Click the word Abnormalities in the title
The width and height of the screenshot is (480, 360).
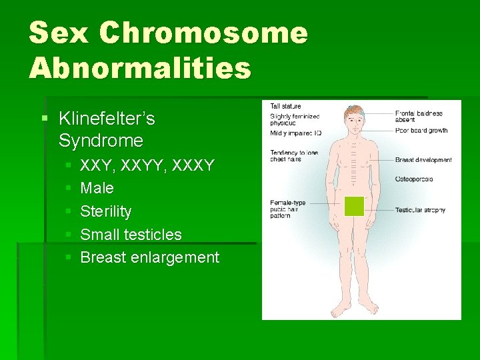(x=140, y=67)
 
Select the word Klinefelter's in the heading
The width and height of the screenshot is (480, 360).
(x=107, y=119)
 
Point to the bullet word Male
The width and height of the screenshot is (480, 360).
(x=97, y=189)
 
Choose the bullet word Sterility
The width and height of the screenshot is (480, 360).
(x=105, y=211)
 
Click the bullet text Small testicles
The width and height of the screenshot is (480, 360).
(x=131, y=235)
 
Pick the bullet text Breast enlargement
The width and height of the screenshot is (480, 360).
(x=149, y=257)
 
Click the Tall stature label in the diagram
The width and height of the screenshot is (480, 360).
(x=285, y=106)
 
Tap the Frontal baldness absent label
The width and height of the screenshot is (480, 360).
(x=419, y=117)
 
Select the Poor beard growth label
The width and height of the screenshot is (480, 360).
(x=421, y=131)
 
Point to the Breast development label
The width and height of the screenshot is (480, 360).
(x=423, y=160)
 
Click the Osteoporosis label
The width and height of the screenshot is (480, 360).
(x=414, y=179)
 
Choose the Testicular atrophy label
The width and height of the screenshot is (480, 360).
(x=420, y=210)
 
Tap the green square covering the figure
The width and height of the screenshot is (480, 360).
(x=354, y=207)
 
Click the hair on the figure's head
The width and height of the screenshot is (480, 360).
(x=354, y=109)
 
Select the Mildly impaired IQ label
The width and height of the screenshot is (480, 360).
(x=295, y=133)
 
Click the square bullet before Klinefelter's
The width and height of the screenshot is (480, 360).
(x=45, y=119)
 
